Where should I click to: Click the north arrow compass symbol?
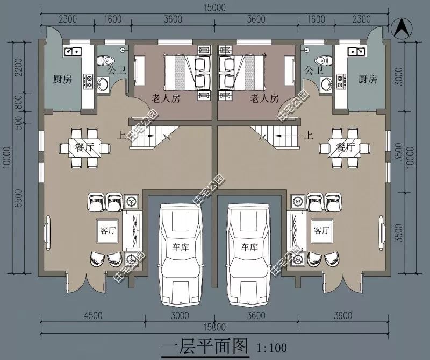coord(400,28)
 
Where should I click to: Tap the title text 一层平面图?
coord(204,345)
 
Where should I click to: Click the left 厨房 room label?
coord(62,80)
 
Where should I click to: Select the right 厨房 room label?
coord(367,80)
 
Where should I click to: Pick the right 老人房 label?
coord(264,98)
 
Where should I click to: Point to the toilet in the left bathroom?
coord(106,59)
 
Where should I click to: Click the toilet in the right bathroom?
coord(322,59)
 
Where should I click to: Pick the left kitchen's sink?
coord(71,52)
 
